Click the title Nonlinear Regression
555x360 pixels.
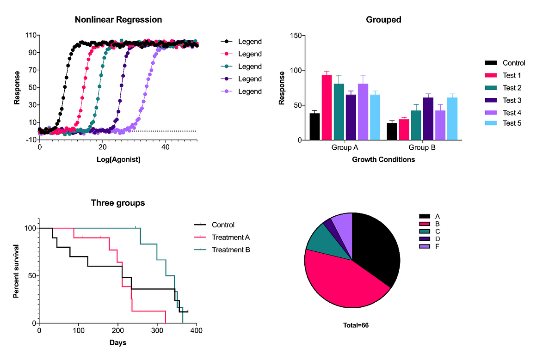[x=118, y=20]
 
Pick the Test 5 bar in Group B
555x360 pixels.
[x=452, y=118]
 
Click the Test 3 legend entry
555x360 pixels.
[x=512, y=100]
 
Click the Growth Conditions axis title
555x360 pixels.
[x=383, y=160]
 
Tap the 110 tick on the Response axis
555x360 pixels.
[x=31, y=36]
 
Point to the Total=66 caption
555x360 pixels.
[x=356, y=325]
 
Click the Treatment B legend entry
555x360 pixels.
[x=230, y=250]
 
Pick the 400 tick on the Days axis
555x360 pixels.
[x=197, y=331]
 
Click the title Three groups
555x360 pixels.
[x=117, y=203]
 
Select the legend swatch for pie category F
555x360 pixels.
[x=425, y=247]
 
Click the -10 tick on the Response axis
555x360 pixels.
[x=31, y=140]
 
